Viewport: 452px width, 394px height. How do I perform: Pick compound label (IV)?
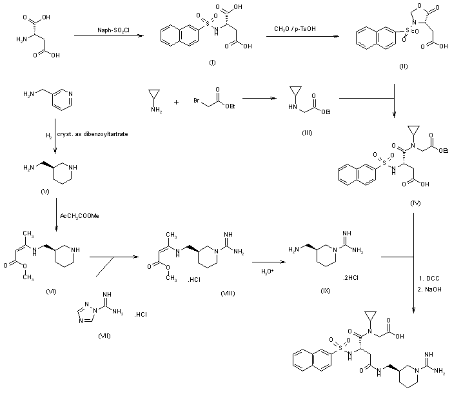415,204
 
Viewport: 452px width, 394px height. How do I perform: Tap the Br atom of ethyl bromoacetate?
197,102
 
